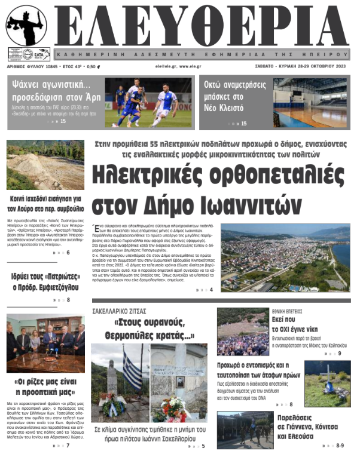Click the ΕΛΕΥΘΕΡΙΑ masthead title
pos(206,27)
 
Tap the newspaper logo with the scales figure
pos(27,27)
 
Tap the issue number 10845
pos(48,67)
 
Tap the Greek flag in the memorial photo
pos(132,367)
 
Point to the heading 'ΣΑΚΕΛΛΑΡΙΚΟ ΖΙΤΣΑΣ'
pos(119,311)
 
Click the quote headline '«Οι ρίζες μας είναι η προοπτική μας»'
pos(45,386)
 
